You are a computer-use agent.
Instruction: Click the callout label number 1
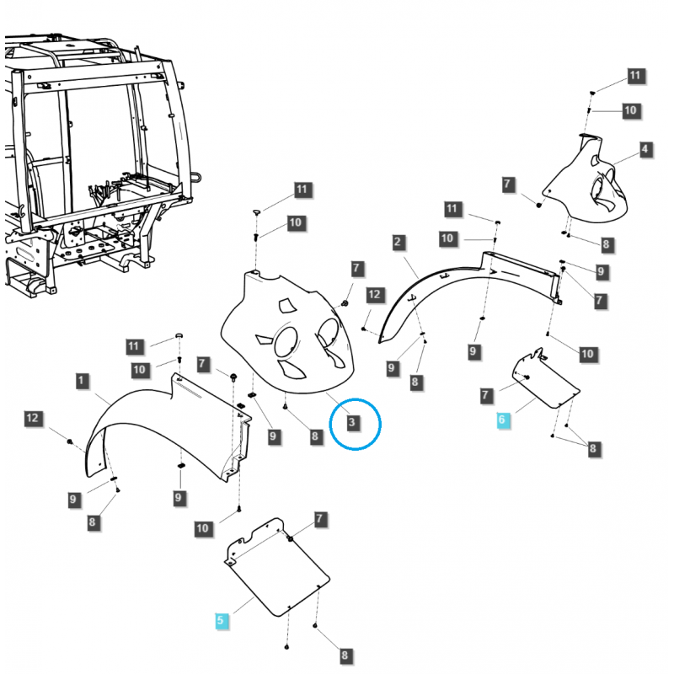[x=81, y=382]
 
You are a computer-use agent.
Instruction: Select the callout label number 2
[x=397, y=243]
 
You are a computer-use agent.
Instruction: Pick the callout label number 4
[x=645, y=150]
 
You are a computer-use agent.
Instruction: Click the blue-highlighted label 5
[x=221, y=621]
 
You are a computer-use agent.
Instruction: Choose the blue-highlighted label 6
[x=503, y=419]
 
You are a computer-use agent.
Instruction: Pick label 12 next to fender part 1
[x=33, y=418]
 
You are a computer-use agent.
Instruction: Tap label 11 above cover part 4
[x=634, y=77]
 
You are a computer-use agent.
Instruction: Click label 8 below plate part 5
[x=345, y=655]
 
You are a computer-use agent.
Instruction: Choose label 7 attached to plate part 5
[x=319, y=518]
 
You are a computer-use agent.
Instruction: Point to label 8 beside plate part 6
[x=593, y=448]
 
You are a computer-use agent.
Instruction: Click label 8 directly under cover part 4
[x=606, y=244]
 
